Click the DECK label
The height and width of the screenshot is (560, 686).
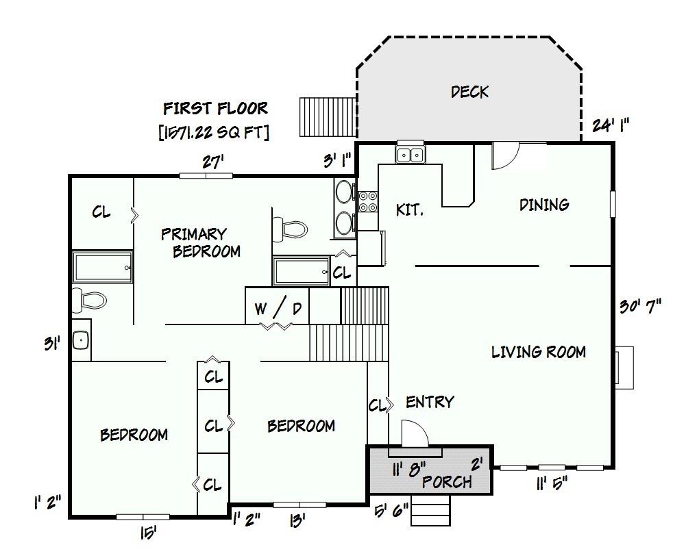(470, 92)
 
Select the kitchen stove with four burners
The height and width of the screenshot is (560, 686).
(368, 202)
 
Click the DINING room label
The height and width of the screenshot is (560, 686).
(544, 205)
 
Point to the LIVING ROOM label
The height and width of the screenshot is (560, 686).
(539, 352)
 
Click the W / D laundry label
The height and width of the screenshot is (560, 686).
(278, 309)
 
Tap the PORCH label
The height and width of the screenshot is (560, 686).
(447, 482)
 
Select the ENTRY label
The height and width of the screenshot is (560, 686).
(430, 402)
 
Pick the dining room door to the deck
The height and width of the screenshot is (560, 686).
(505, 155)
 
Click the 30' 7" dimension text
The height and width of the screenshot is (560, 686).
(641, 306)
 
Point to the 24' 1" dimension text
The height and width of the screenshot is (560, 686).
(611, 125)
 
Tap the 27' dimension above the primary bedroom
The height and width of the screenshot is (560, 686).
(213, 162)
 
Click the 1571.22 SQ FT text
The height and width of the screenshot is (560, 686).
(214, 132)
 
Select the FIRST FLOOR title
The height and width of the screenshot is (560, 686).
(215, 108)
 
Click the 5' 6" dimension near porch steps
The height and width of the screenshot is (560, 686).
(391, 511)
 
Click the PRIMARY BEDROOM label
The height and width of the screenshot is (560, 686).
(201, 242)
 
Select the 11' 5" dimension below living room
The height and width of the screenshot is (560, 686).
(552, 483)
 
